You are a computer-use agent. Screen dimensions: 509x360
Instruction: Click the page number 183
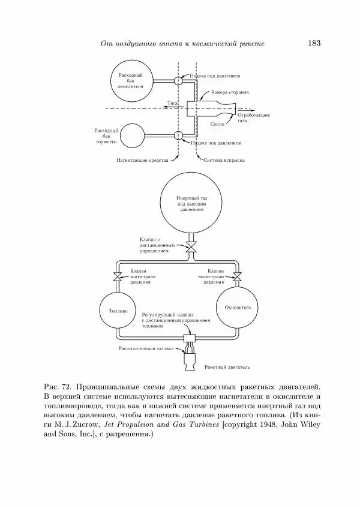pyautogui.click(x=314, y=43)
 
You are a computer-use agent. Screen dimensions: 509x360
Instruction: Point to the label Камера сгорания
pyautogui.click(x=230, y=93)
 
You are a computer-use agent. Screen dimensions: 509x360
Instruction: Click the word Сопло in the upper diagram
pyautogui.click(x=217, y=124)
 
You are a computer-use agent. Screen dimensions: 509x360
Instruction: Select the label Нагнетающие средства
pyautogui.click(x=143, y=161)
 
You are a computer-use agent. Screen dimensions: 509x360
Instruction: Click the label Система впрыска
pyautogui.click(x=223, y=161)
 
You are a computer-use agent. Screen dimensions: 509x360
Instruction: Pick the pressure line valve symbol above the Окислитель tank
pyautogui.click(x=238, y=276)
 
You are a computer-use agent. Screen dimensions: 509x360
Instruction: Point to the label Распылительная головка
pyautogui.click(x=145, y=348)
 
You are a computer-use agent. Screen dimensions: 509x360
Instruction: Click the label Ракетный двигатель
pyautogui.click(x=227, y=366)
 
